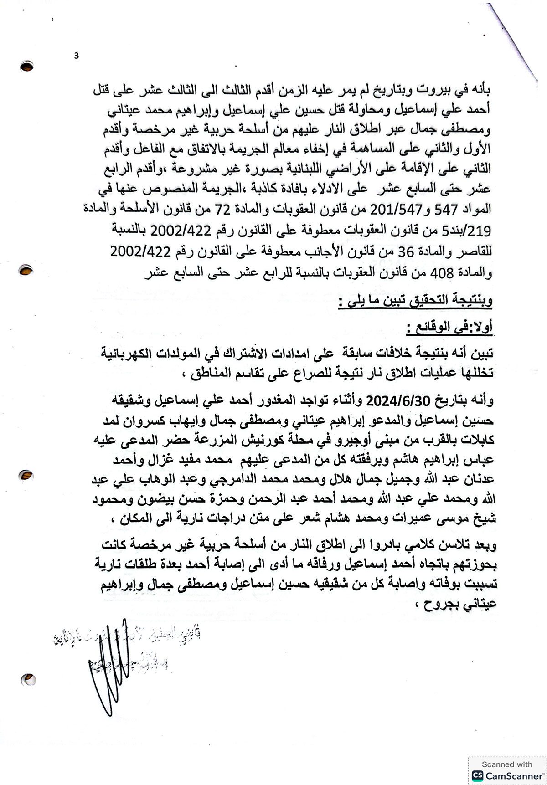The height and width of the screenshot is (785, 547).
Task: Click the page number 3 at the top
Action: [x=76, y=56]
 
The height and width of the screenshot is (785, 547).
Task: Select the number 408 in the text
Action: [x=442, y=273]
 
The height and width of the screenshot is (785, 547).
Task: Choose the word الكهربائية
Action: [x=136, y=353]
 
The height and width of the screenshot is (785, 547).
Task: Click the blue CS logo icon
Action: [x=477, y=776]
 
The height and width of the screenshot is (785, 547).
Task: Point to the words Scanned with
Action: [x=507, y=764]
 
